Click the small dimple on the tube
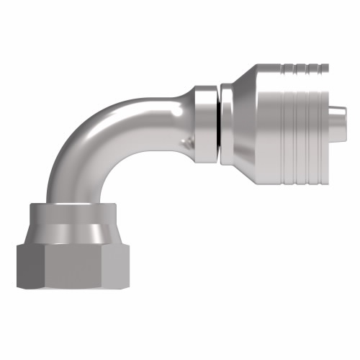point(189,140)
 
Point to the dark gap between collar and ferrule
point(217,115)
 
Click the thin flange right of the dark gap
point(225,115)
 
